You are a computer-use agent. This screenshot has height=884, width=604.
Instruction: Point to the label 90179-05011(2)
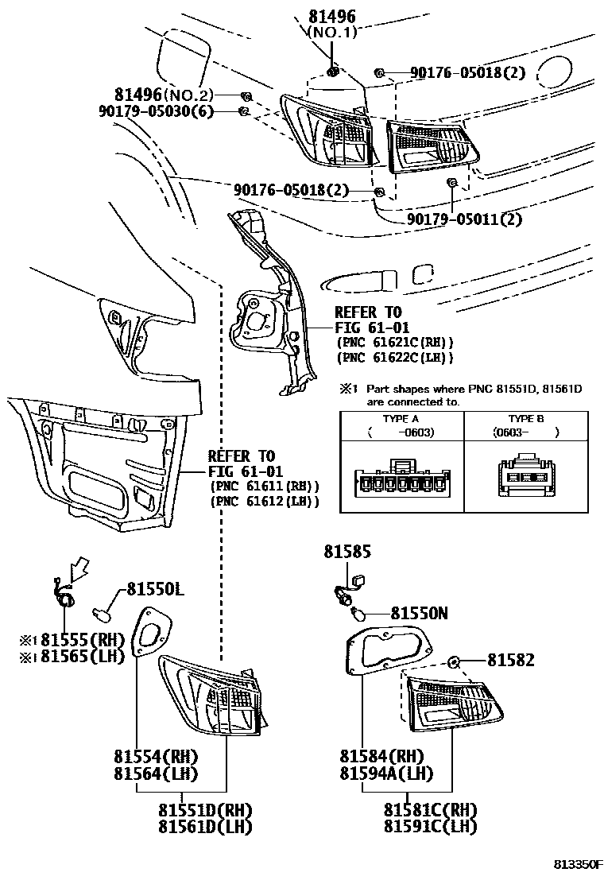coord(464,219)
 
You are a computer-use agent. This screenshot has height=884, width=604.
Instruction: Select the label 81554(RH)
coord(156,756)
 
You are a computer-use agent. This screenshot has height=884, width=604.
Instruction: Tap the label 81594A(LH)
coord(386,773)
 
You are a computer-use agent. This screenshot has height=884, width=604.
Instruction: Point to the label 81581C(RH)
coord(430,810)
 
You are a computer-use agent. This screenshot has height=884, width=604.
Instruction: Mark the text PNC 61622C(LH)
coord(394,358)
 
